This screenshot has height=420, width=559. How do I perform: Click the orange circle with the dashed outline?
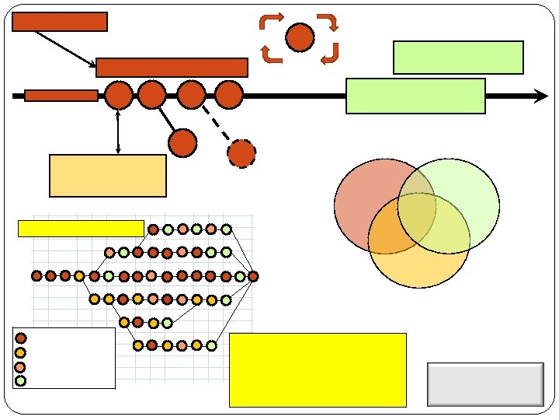[241, 153]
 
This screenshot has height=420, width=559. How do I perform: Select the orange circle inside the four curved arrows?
[300, 37]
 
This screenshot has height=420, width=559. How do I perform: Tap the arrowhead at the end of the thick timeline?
[541, 96]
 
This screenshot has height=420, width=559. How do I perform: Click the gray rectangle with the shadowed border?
[485, 383]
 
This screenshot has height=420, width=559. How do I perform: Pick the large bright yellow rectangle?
[318, 369]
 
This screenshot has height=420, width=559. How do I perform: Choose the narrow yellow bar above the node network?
[80, 228]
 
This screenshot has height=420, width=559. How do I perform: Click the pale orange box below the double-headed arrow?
[107, 175]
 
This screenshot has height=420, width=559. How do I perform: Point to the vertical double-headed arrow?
[117, 131]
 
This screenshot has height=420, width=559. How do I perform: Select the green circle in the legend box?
[21, 380]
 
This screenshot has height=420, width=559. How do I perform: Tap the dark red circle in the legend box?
[21, 338]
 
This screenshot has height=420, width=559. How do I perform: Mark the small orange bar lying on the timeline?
[61, 96]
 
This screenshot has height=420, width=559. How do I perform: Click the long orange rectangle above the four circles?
[172, 68]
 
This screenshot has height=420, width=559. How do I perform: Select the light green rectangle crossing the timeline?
[415, 96]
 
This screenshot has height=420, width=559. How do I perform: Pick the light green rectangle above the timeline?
[458, 57]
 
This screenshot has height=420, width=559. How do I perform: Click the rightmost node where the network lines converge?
[253, 276]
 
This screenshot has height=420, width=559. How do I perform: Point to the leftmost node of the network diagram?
[36, 275]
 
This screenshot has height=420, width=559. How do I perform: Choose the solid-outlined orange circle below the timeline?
[182, 142]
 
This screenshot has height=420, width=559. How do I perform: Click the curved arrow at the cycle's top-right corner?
[329, 21]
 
